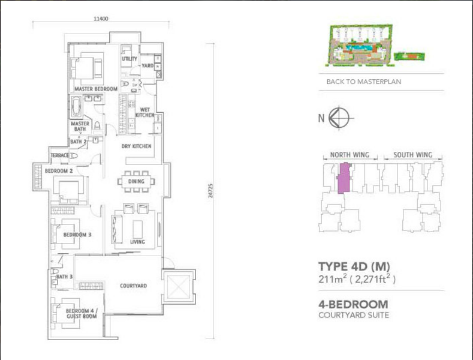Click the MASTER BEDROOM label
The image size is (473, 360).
95,89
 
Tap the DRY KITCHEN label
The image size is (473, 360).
137,146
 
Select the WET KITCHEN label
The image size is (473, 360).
144,112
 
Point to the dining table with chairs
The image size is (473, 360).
136,181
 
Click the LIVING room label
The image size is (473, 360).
137,242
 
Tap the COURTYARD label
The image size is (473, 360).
133,286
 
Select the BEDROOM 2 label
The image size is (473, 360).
58,171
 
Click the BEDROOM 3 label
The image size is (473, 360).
77,235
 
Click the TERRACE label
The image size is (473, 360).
59,156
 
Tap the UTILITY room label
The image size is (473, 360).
129,59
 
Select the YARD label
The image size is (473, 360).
147,66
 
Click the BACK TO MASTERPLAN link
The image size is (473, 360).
363,82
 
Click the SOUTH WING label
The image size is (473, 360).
412,155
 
